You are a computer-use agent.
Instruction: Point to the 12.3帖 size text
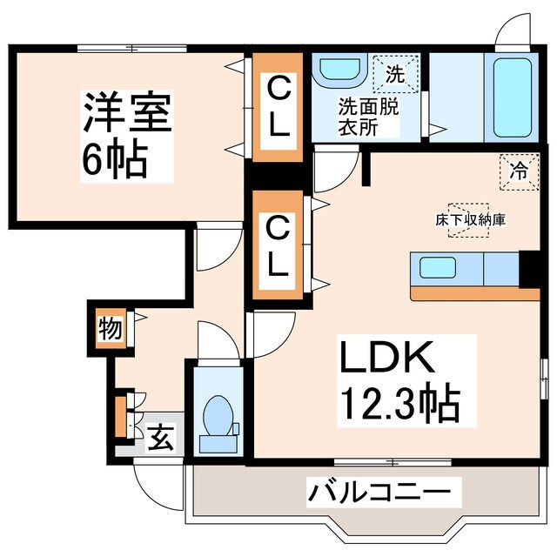pyautogui.click(x=399, y=402)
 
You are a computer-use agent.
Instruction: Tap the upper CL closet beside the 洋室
pyautogui.click(x=278, y=106)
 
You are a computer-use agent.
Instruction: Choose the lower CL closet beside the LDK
pyautogui.click(x=278, y=247)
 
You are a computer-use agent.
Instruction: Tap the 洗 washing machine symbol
pyautogui.click(x=395, y=75)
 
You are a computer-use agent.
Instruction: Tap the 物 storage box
pyautogui.click(x=110, y=329)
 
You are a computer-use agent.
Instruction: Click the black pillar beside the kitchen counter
pyautogui.click(x=529, y=269)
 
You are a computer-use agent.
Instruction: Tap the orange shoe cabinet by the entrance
pyautogui.click(x=120, y=417)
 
